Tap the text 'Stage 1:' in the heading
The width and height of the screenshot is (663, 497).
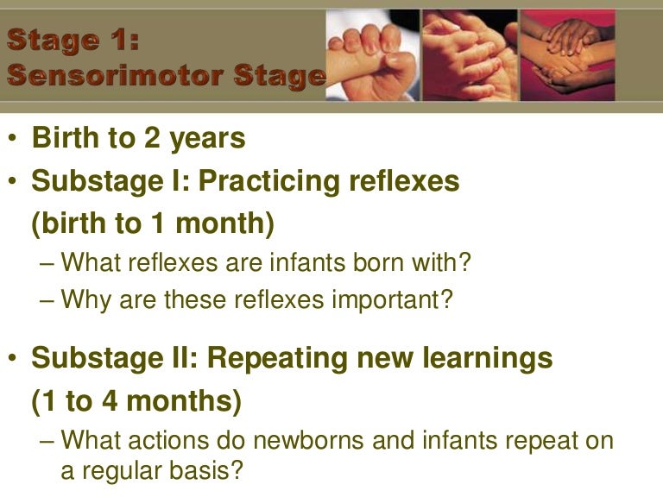[73, 40]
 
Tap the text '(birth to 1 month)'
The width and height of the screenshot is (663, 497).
[153, 223]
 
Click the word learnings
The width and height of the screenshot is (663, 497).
[492, 358]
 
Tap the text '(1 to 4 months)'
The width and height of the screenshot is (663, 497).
[136, 401]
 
